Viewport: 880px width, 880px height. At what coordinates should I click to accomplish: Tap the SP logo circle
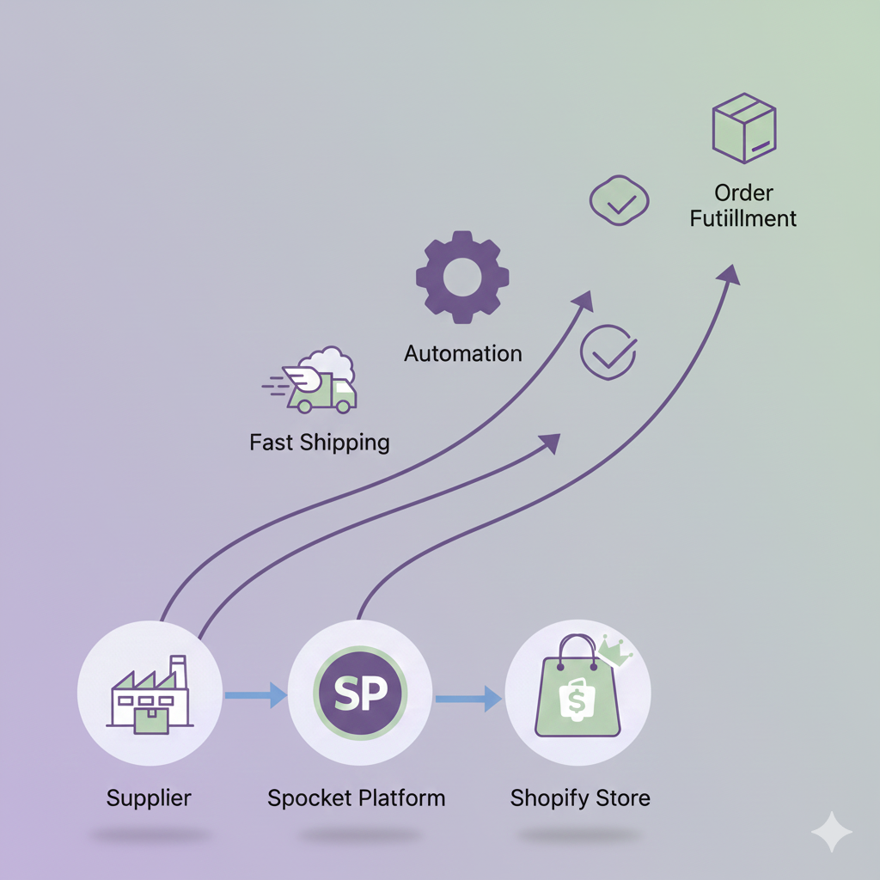pos(360,694)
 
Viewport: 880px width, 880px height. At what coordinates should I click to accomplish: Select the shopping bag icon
pos(577,692)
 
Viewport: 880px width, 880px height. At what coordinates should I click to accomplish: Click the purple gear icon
pos(462,277)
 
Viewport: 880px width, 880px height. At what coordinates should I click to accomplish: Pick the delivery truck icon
pos(316,383)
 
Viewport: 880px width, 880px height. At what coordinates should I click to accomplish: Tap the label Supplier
pos(149,797)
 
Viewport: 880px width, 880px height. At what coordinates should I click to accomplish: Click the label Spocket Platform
pos(356,797)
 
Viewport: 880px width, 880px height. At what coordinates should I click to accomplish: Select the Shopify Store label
pos(580,797)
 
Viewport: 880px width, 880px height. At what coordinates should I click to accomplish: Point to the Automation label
pos(463,353)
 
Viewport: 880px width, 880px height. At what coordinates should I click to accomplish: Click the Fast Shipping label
pos(320,443)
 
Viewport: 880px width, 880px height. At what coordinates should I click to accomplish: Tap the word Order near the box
pos(743,193)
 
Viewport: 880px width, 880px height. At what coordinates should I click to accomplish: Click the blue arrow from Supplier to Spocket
pos(255,694)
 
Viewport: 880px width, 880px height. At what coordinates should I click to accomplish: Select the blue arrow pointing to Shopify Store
pos(469,698)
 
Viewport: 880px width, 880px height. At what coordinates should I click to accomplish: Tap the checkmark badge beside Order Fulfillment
pos(619,201)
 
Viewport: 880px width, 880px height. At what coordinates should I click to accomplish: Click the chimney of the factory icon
pos(179,671)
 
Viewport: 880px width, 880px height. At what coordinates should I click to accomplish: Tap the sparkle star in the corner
pos(832,832)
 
